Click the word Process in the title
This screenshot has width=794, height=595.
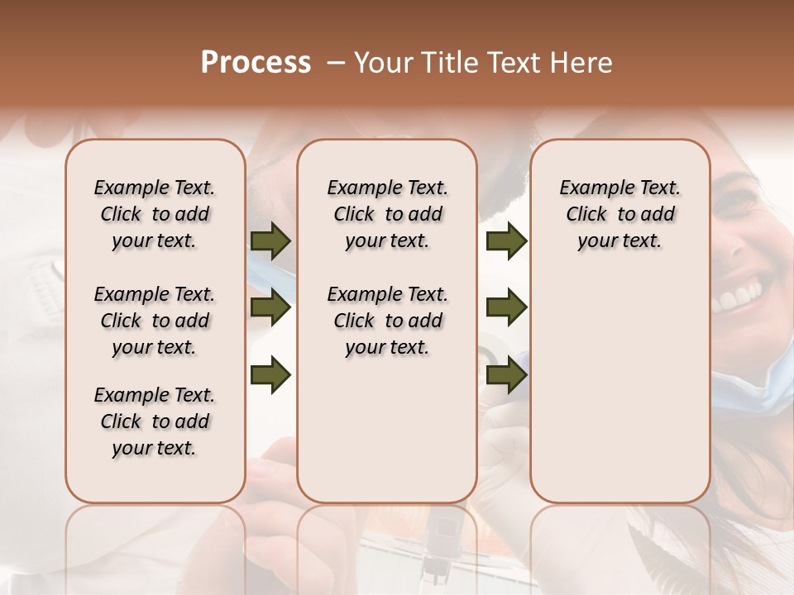pyautogui.click(x=256, y=63)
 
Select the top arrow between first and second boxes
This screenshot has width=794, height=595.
pyautogui.click(x=270, y=240)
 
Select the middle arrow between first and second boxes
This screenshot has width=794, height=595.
pyautogui.click(x=270, y=307)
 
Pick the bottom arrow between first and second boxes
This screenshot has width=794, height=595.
pyautogui.click(x=270, y=374)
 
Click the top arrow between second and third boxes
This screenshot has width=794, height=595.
pyautogui.click(x=506, y=240)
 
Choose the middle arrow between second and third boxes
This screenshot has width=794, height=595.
pyautogui.click(x=506, y=307)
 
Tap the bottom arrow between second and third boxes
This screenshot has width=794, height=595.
pyautogui.click(x=506, y=374)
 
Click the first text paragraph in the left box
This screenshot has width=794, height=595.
pyautogui.click(x=155, y=214)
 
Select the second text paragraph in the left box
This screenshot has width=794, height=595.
pyautogui.click(x=155, y=321)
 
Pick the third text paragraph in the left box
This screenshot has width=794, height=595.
pyautogui.click(x=155, y=421)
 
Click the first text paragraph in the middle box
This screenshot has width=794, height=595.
pyautogui.click(x=387, y=214)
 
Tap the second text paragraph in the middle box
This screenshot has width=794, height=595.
pyautogui.click(x=387, y=321)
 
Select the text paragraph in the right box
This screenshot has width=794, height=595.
pyautogui.click(x=619, y=214)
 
